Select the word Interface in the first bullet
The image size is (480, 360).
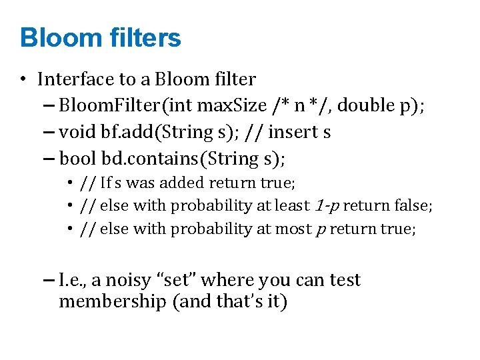(75, 79)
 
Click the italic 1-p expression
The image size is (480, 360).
(327, 206)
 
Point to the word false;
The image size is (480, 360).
(413, 206)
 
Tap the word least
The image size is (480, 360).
(295, 206)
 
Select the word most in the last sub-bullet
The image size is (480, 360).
(293, 229)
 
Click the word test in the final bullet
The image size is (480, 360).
(345, 280)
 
